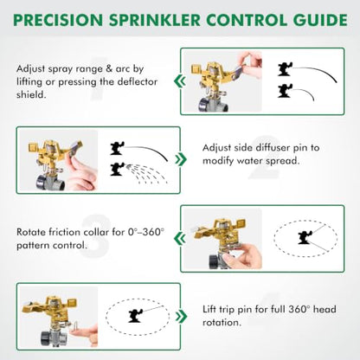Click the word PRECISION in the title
(58, 20)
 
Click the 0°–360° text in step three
(146, 232)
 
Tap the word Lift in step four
(209, 310)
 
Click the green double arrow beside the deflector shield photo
(179, 81)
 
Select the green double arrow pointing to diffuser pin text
(181, 159)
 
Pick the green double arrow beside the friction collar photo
(179, 239)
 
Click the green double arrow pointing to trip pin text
(181, 317)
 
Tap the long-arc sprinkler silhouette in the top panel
(286, 69)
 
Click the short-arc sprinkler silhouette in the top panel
(285, 91)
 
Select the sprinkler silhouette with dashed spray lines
(117, 170)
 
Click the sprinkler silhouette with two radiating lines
(305, 237)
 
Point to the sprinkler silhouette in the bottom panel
(135, 315)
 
